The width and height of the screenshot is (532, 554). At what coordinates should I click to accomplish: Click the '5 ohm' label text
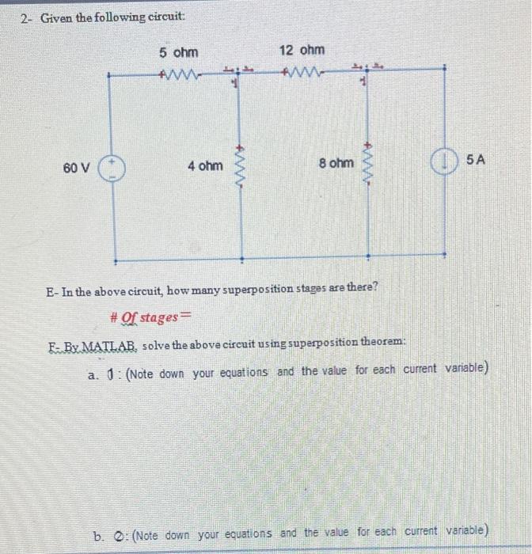(178, 53)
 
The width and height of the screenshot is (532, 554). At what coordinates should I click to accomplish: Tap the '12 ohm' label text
(301, 51)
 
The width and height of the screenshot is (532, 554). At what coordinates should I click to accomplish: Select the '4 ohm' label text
(205, 166)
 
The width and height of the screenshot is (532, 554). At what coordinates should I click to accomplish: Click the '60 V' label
(77, 168)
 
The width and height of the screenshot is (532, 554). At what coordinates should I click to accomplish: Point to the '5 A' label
(476, 161)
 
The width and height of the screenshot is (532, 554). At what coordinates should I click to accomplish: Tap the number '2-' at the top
(26, 18)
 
